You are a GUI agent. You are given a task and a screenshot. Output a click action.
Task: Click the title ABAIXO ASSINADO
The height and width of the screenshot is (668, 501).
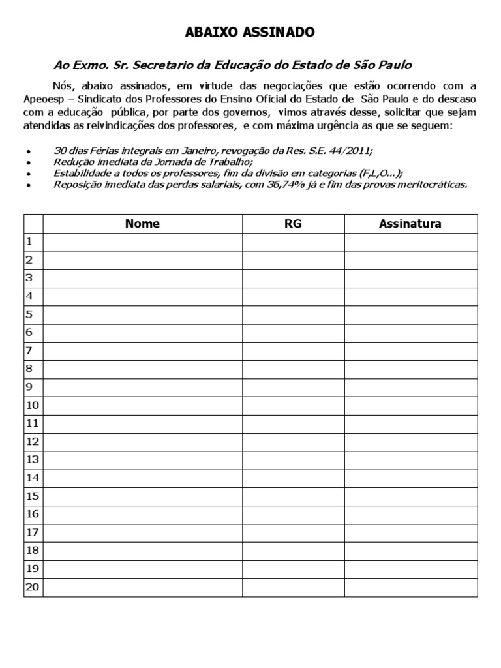point(250,32)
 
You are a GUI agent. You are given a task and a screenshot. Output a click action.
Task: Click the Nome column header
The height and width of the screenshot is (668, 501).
point(142,224)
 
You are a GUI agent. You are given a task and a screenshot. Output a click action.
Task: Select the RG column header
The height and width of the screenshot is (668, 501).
point(293,224)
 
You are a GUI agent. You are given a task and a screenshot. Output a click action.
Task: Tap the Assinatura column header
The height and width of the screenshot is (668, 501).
point(410,224)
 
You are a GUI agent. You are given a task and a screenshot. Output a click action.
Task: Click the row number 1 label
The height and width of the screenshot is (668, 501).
point(29,242)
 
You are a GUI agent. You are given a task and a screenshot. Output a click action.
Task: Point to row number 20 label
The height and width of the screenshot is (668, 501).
point(33,587)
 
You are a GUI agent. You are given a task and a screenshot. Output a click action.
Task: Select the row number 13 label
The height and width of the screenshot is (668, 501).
point(33,459)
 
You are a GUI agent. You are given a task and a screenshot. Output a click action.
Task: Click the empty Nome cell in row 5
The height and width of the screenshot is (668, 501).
point(142,314)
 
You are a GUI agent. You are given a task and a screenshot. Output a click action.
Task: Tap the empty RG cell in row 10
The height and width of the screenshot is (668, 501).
point(293,405)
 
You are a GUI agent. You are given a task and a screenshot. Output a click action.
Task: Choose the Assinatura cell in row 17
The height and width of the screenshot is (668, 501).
point(410,532)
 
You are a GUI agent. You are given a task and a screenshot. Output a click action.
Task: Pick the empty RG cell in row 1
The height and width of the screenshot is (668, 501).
point(293,242)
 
